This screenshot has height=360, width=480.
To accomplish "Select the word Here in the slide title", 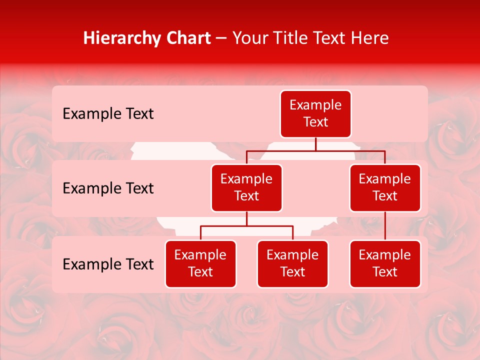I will (370, 38).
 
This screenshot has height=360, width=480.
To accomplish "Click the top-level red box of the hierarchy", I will (315, 113).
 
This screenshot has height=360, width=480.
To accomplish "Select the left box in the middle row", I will (246, 187).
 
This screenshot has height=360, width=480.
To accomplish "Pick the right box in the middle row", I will (385, 187).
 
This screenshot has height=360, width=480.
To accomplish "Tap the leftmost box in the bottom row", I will (200, 263).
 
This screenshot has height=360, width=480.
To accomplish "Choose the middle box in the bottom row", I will (292, 263).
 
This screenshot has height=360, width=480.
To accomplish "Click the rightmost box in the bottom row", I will (385, 263).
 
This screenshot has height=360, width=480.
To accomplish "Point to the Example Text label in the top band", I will (108, 114).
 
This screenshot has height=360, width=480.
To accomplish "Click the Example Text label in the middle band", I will (108, 188).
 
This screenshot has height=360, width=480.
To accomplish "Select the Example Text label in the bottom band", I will (108, 264).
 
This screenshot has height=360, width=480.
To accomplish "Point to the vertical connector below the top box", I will (315, 144).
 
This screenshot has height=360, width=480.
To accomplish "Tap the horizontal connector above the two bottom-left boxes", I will (246, 226).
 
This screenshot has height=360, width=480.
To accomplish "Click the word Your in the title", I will (250, 38).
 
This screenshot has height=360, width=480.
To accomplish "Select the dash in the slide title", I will (221, 38).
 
